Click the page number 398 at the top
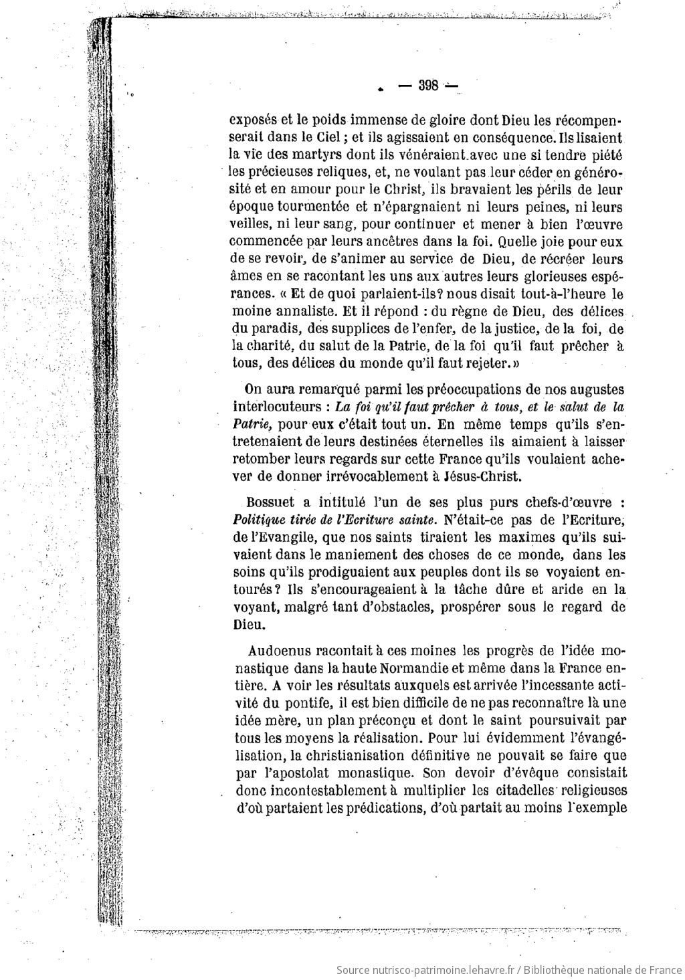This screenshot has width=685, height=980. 427,85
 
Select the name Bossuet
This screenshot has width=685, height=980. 269,502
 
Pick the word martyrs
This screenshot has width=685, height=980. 320,155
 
